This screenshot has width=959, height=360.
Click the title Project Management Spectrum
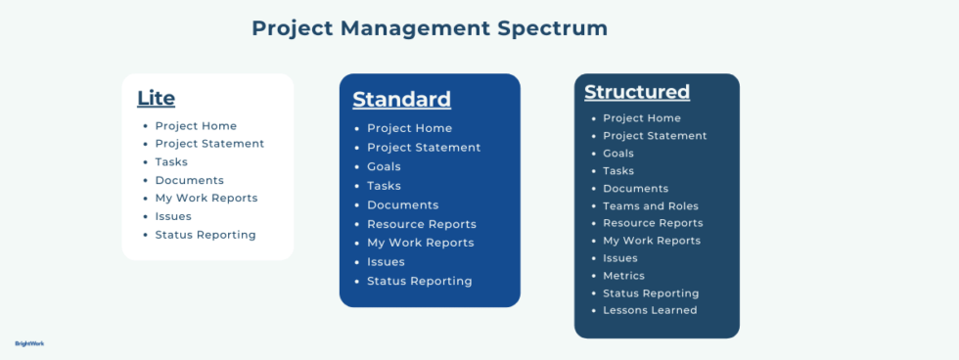430,28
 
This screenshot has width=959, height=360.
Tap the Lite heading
156,98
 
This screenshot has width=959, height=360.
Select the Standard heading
401,99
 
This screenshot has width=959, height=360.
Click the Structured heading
636,92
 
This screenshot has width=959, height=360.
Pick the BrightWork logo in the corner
29,343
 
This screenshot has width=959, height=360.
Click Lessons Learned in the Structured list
650,310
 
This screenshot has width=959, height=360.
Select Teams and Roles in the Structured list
651,205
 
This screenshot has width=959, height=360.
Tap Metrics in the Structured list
623,276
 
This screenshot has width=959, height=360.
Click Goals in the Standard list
384,166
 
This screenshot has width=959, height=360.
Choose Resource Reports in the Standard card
422,224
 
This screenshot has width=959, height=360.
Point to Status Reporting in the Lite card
205,235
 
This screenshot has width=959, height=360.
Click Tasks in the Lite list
171,161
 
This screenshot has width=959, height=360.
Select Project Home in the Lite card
196,125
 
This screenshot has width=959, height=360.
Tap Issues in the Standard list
386,261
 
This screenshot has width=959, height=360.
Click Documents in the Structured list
635,188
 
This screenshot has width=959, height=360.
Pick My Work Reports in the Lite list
206,198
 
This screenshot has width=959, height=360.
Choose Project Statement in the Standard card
424,147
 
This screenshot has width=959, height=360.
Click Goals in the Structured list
618,154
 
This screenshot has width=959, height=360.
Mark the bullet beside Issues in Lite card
145,216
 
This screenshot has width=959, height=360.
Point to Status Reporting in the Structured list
651,293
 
